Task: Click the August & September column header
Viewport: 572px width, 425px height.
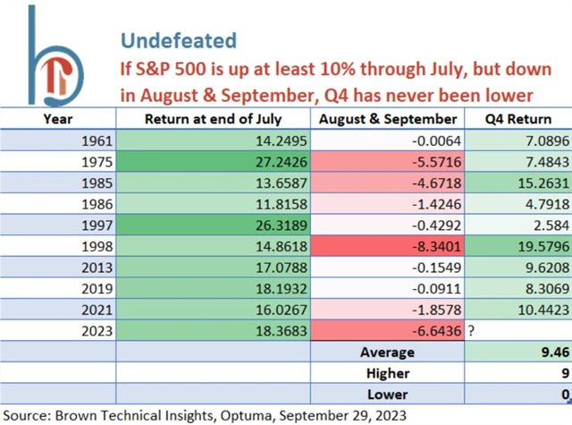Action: (388, 119)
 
